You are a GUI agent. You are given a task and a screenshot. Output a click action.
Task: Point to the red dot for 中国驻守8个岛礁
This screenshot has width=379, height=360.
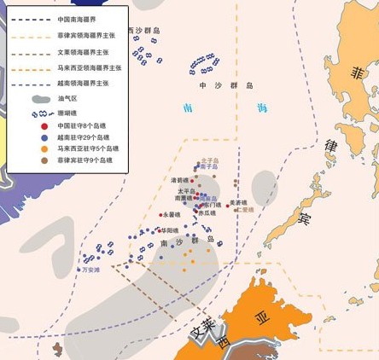click(44, 126)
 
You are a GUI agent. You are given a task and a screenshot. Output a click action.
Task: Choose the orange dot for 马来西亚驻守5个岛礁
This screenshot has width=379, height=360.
click(44, 148)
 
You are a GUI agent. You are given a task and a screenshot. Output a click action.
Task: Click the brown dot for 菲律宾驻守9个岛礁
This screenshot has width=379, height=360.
click(44, 160)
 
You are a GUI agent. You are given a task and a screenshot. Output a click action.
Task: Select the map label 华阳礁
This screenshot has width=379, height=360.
click(169, 230)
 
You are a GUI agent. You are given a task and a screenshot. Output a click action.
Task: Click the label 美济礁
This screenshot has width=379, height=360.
click(238, 202)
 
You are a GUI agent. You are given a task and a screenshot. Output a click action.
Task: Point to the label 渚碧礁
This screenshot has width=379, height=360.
click(179, 180)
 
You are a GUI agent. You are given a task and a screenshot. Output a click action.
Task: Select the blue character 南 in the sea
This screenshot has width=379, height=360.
click(188, 108)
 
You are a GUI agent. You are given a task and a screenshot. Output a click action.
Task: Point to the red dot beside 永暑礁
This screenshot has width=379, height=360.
click(160, 214)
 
